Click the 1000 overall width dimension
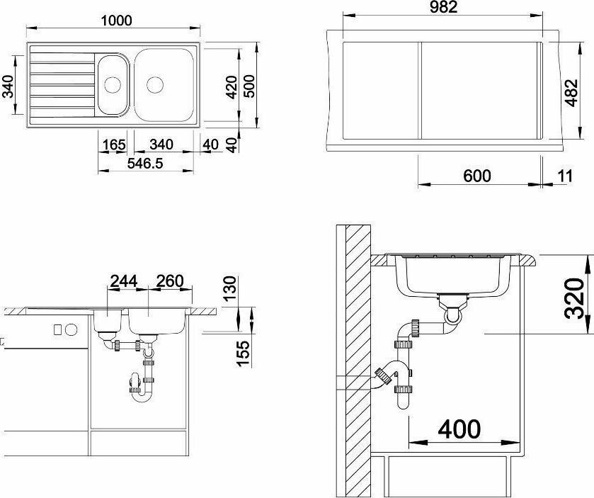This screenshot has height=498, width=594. pyautogui.click(x=116, y=21)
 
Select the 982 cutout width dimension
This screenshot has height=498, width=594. pyautogui.click(x=444, y=7)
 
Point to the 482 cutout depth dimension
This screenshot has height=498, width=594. pyautogui.click(x=571, y=93)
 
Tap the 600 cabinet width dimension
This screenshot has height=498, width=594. pyautogui.click(x=477, y=176)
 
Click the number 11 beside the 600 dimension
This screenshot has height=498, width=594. pyautogui.click(x=565, y=176)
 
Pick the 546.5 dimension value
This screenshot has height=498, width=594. pyautogui.click(x=145, y=164)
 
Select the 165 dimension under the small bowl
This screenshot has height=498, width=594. pyautogui.click(x=114, y=145)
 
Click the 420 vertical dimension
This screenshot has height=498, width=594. pyautogui.click(x=232, y=87)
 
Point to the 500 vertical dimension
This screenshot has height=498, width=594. pyautogui.click(x=249, y=86)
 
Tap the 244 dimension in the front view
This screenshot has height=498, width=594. pyautogui.click(x=123, y=281)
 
